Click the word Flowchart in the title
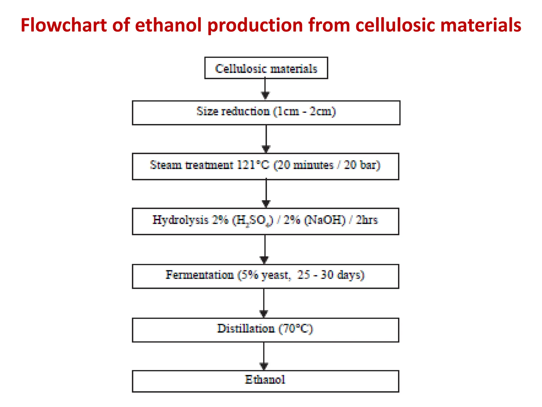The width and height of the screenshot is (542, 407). coord(64,25)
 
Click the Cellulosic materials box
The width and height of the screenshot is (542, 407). coord(266,68)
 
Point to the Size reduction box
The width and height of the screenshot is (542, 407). coord(266,113)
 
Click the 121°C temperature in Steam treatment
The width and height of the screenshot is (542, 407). coord(253,165)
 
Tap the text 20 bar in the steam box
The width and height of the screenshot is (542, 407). coord(362,165)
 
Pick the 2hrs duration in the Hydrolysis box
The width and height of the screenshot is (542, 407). coord(367,220)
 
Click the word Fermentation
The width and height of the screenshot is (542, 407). coord(200,275)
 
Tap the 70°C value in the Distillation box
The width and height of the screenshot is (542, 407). coord(296,329)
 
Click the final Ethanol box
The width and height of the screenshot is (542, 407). coord(265,381)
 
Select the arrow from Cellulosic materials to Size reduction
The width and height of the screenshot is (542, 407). coord(265,89)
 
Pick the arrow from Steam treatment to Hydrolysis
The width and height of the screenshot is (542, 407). coord(266,193)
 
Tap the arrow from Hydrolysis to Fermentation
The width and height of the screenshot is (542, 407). coord(265,249)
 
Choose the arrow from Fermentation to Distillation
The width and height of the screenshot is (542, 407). coord(264,303)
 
